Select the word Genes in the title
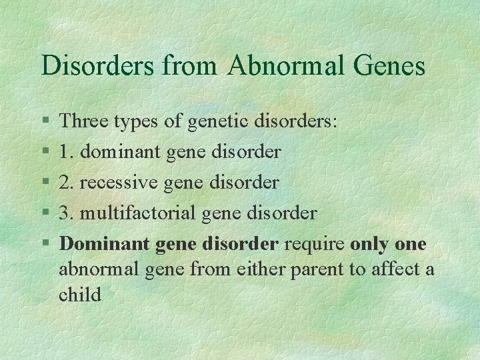click(394, 65)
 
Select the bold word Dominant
click(105, 243)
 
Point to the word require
click(313, 243)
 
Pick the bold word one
click(411, 243)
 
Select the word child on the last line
click(80, 294)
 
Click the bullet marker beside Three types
click(44, 122)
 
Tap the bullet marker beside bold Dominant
click(44, 244)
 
